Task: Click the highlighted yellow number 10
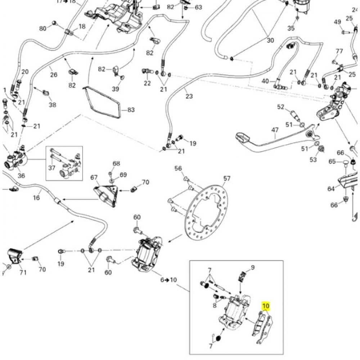click(x=266, y=306)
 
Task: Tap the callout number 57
click(x=226, y=178)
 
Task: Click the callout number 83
click(x=131, y=109)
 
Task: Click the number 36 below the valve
click(x=21, y=176)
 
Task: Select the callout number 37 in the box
click(x=52, y=168)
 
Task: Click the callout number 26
click(x=54, y=75)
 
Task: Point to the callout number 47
click(x=275, y=130)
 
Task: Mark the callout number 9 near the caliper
click(x=253, y=267)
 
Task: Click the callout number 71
click(x=23, y=273)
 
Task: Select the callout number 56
click(x=178, y=168)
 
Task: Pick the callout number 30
click(x=270, y=41)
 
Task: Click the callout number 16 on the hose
click(x=36, y=197)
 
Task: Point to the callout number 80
click(x=43, y=28)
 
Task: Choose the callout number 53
click(x=313, y=159)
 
